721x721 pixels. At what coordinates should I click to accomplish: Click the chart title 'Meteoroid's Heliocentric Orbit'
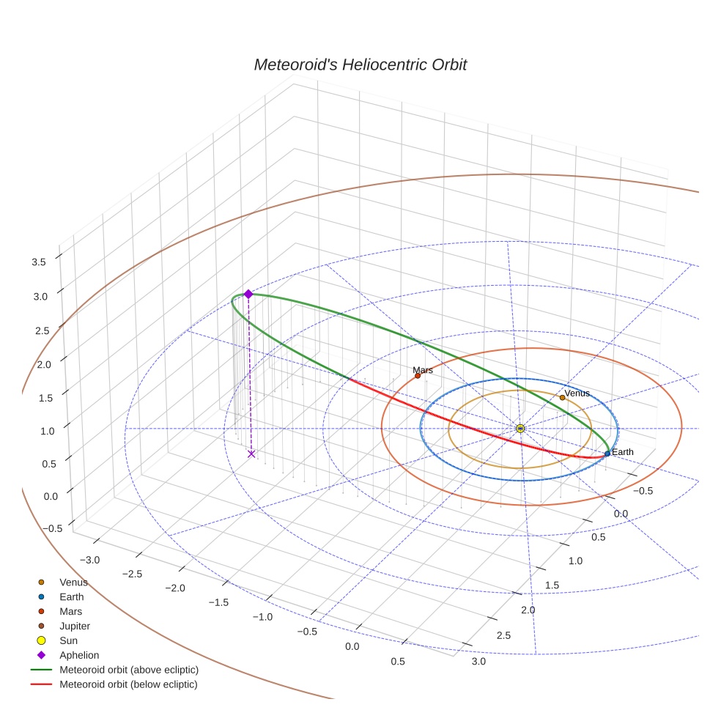point(360,64)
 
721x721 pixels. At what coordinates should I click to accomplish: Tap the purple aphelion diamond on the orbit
point(248,294)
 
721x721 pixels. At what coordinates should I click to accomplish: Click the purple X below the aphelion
point(251,454)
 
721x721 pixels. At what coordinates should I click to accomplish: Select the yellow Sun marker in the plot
point(520,428)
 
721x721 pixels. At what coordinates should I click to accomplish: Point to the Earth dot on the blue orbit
point(607,454)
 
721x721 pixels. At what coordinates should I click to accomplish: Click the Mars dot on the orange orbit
point(418,376)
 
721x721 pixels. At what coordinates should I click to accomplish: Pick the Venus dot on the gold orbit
point(562,397)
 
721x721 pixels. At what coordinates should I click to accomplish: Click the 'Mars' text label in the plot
point(423,370)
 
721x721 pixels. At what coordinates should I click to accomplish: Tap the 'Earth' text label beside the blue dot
point(623,452)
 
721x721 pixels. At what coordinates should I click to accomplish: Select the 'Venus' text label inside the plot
point(577,393)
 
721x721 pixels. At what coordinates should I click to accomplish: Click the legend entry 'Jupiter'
point(75,626)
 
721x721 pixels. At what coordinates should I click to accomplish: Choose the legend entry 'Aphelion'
point(79,655)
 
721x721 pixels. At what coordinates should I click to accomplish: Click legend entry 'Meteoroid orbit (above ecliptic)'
point(129,670)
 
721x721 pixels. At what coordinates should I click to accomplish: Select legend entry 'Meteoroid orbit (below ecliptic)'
point(128,684)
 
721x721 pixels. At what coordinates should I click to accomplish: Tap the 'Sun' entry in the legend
point(67,640)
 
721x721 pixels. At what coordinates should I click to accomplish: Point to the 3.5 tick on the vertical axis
point(39,262)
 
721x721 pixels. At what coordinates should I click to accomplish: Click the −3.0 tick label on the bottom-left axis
point(90,560)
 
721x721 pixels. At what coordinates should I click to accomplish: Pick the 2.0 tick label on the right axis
point(528,610)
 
